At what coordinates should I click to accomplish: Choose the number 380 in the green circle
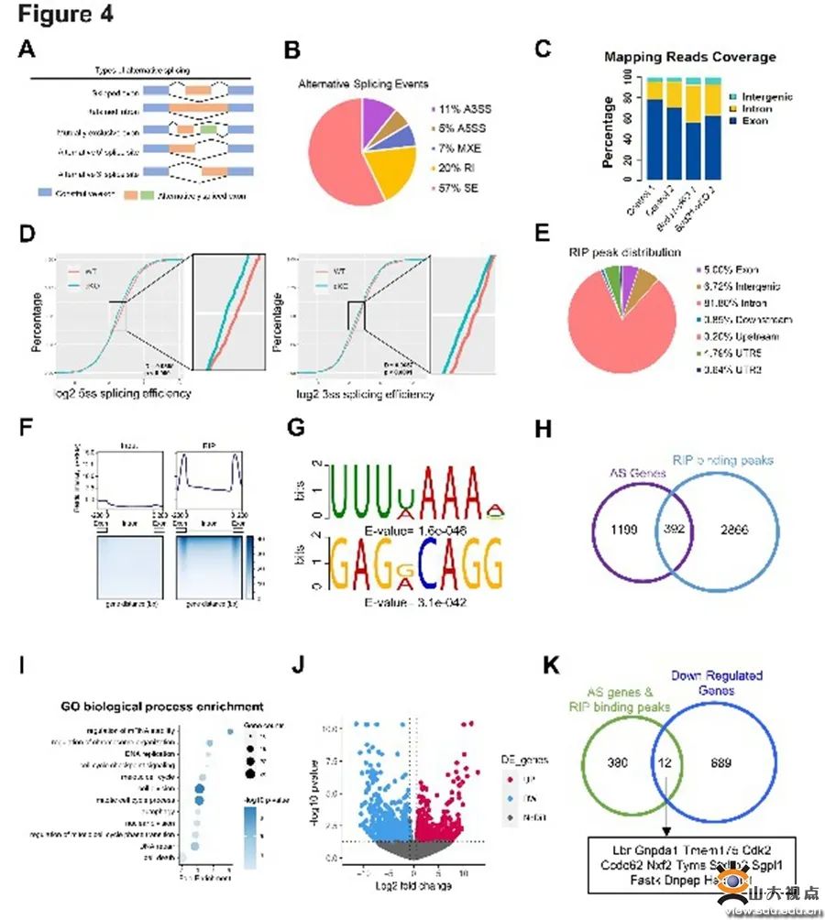click(x=620, y=761)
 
